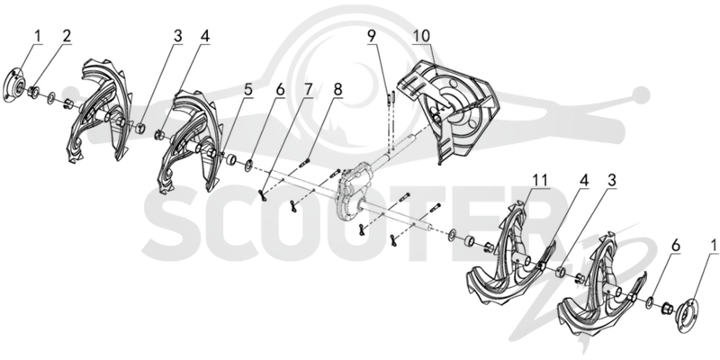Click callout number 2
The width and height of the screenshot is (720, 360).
click(67, 36)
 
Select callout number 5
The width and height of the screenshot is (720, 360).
click(248, 90)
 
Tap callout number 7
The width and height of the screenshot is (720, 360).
click(307, 90)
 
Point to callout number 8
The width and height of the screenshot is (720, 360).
click(338, 90)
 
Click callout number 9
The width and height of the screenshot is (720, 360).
click(372, 36)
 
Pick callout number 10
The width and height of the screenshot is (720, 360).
click(421, 36)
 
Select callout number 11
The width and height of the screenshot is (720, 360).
click(541, 181)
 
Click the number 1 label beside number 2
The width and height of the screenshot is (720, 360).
click(38, 36)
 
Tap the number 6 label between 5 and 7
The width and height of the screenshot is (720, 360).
click(280, 90)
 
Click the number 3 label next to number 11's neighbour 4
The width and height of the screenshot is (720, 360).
click(611, 181)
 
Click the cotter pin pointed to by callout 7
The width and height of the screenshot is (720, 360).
click(263, 195)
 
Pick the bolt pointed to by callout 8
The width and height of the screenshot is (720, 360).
click(306, 162)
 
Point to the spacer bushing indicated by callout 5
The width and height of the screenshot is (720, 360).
click(232, 160)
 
